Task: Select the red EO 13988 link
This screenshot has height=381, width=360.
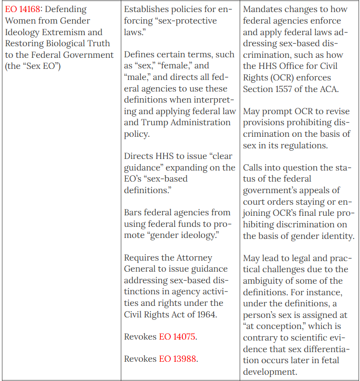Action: (x=177, y=359)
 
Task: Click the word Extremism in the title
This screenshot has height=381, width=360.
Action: (x=79, y=32)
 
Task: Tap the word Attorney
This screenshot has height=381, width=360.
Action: (x=195, y=258)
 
